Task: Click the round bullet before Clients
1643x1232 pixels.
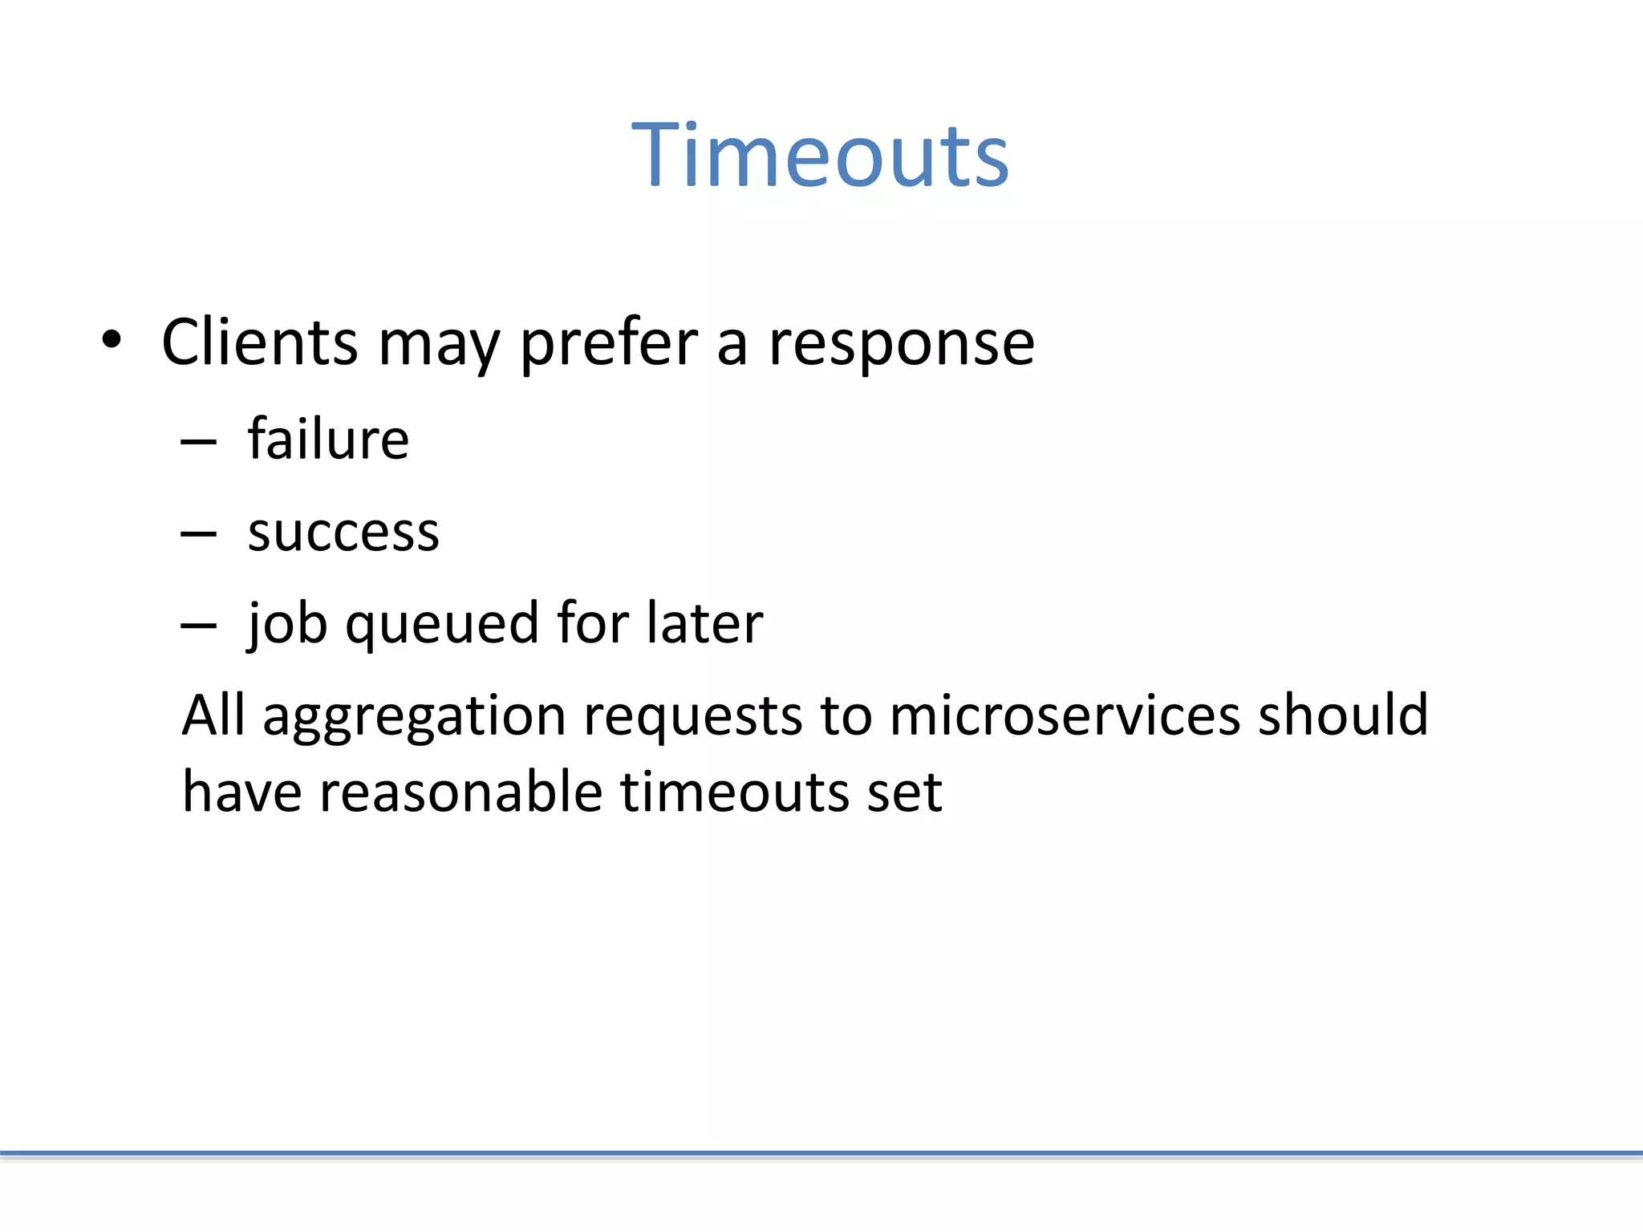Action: coord(112,340)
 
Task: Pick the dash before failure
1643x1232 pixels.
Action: coord(199,442)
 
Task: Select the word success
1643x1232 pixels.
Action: coord(343,532)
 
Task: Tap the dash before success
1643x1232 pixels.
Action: coord(199,533)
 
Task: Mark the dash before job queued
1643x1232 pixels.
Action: coord(199,625)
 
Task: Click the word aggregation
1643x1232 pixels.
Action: coord(415,715)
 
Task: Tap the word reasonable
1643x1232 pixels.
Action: coord(460,792)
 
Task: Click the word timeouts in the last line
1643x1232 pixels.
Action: coord(735,792)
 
